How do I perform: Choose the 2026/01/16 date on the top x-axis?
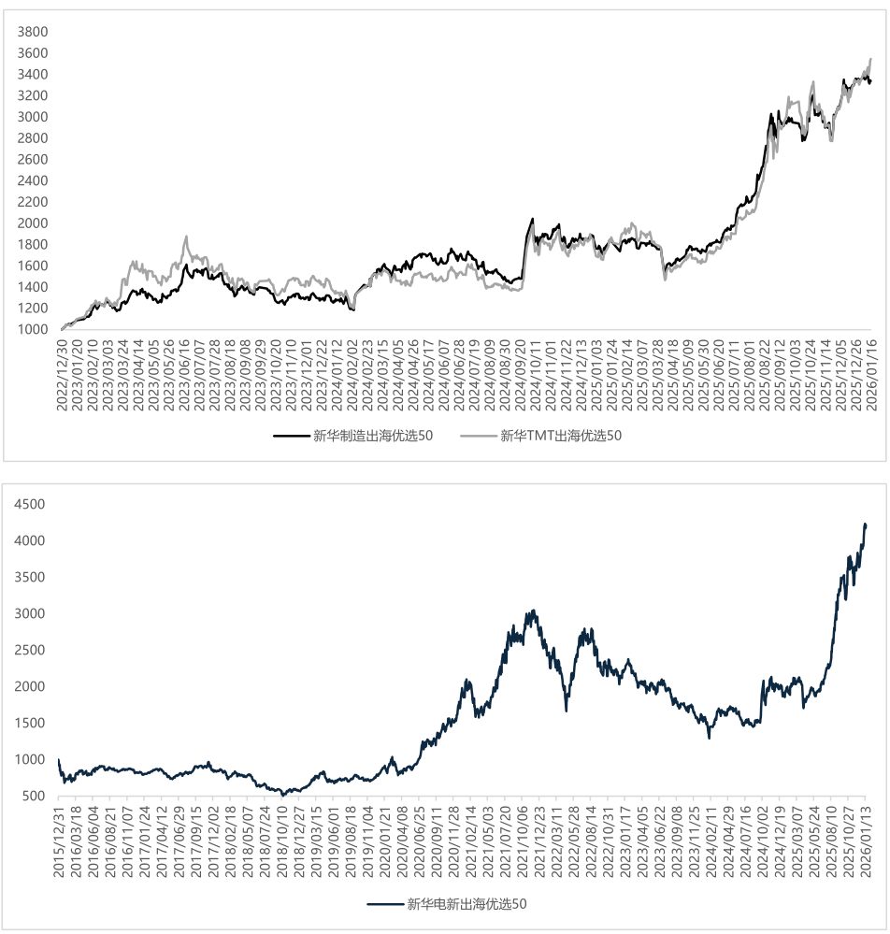point(869,369)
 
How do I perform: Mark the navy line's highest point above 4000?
point(865,524)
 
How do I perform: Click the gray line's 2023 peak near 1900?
point(186,237)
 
